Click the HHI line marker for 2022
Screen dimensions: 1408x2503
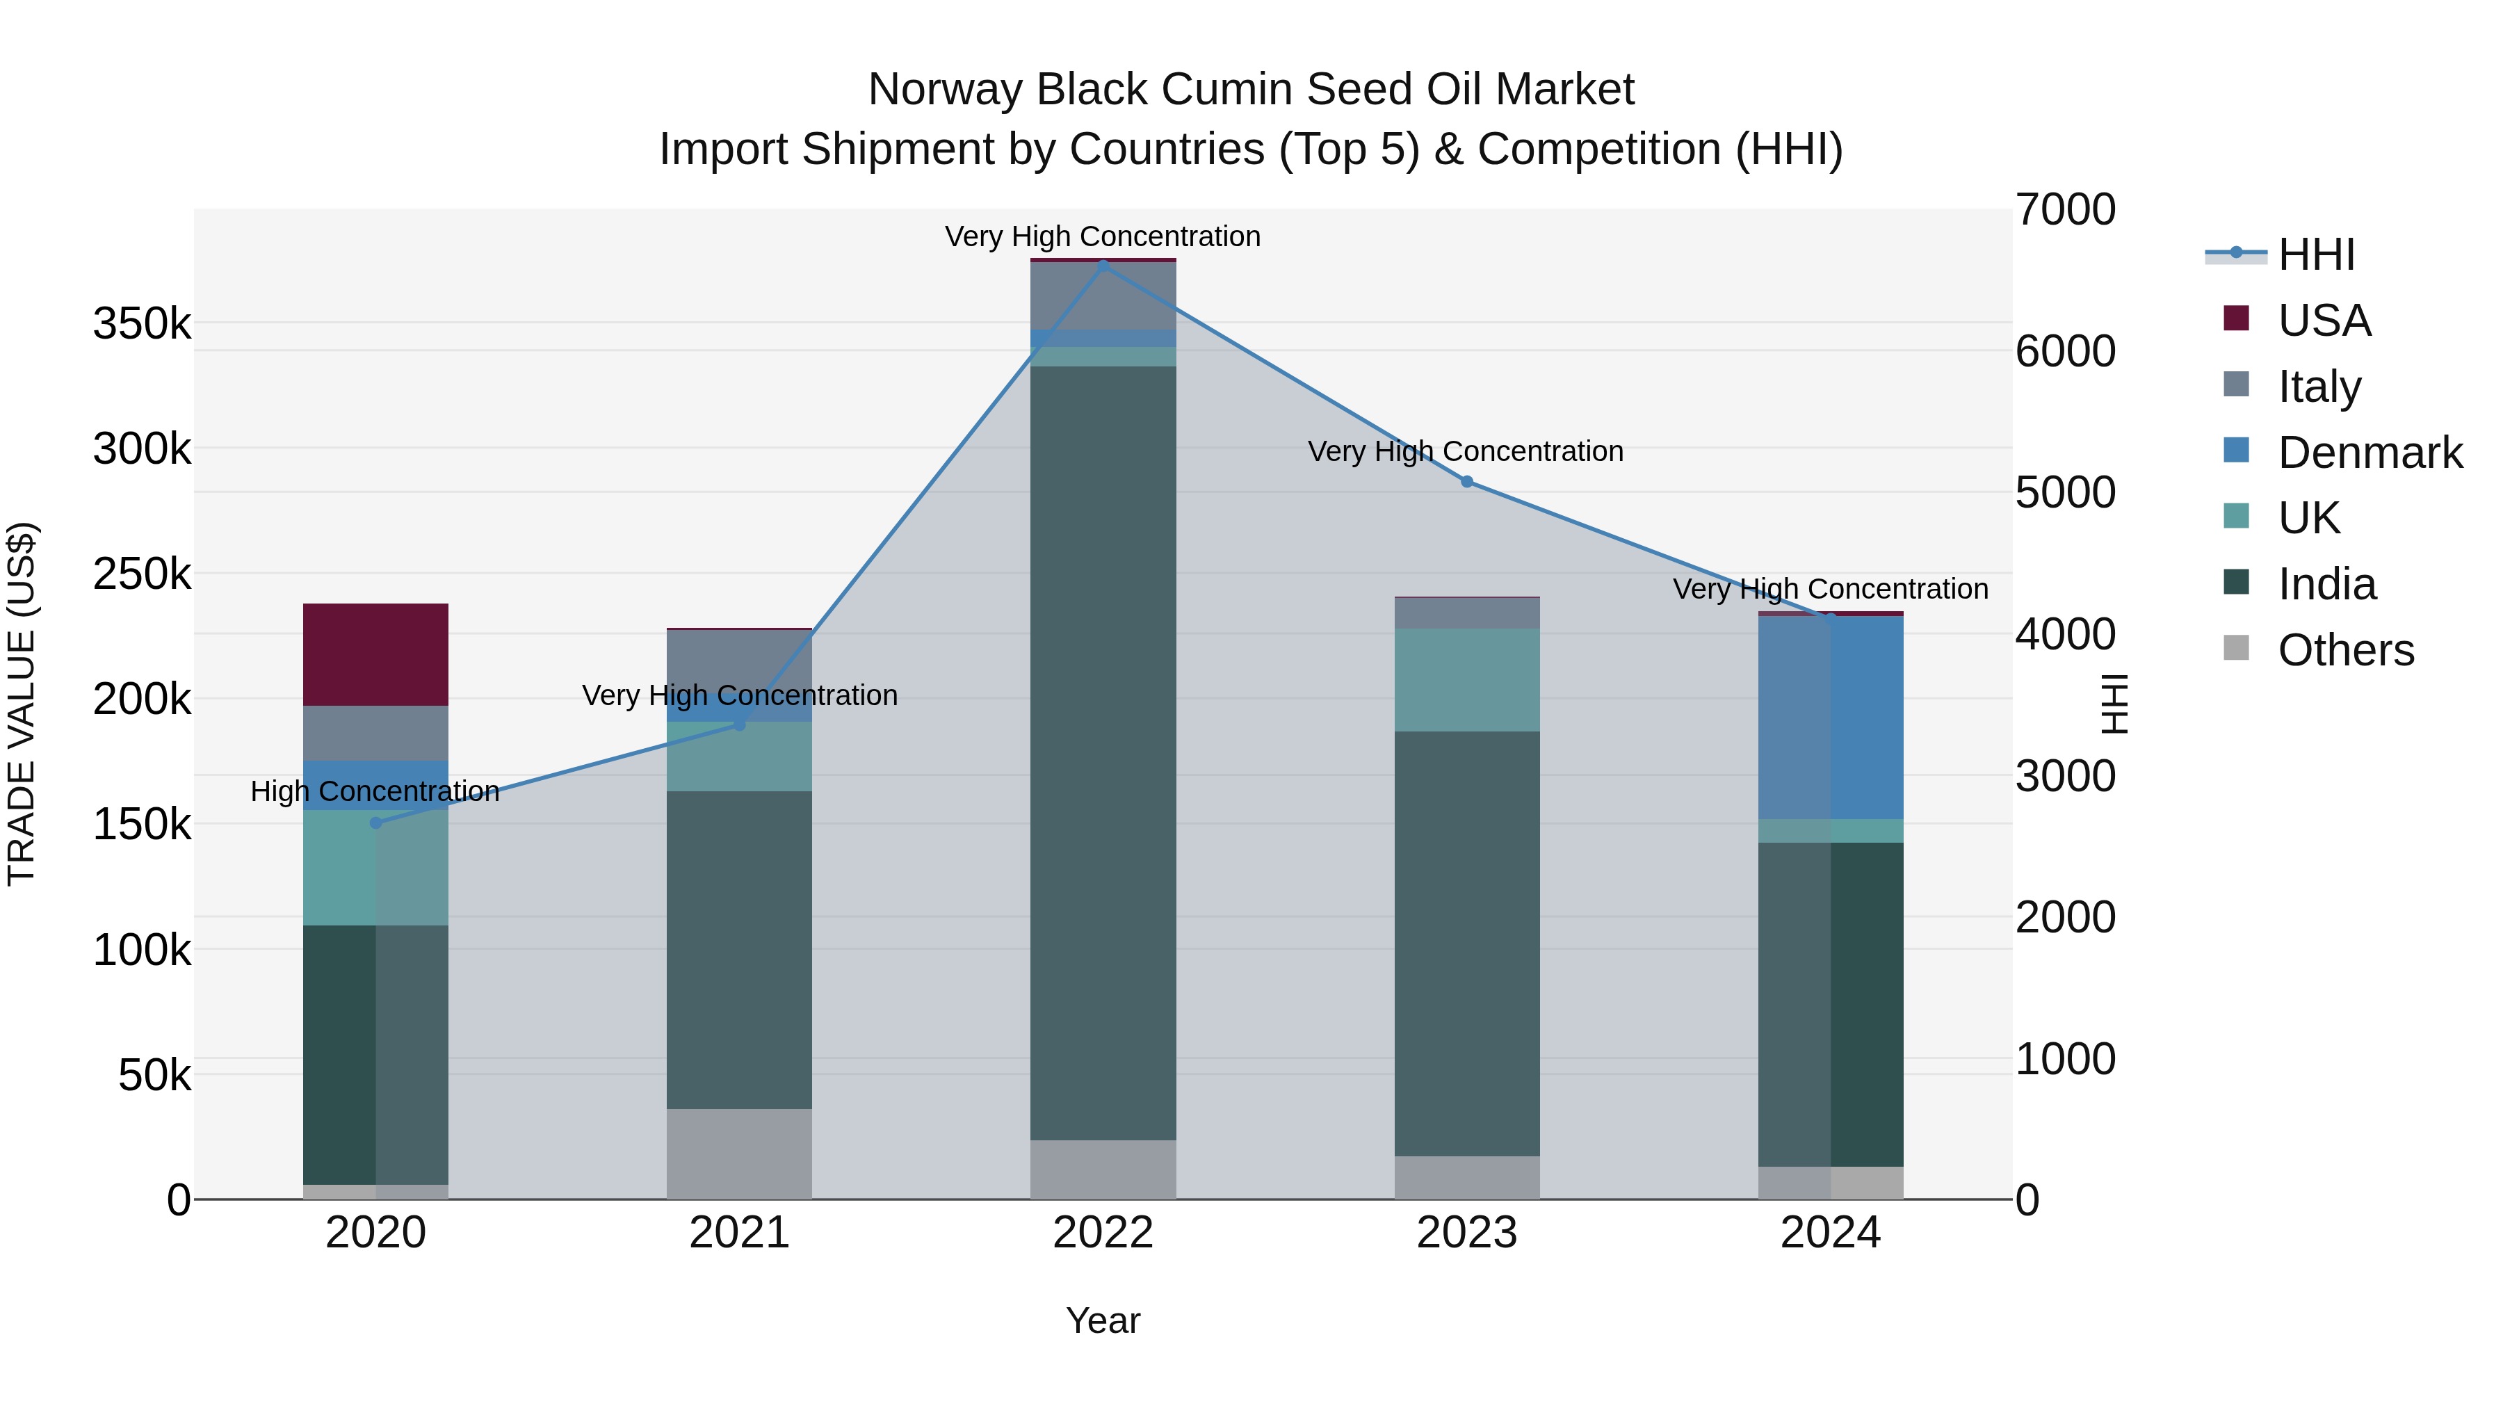tap(1103, 266)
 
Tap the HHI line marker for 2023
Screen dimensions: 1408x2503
tap(1467, 482)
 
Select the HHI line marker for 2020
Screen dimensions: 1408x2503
tap(376, 823)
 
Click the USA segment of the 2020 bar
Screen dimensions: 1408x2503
tap(376, 654)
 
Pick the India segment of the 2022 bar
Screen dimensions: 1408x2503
tap(1103, 753)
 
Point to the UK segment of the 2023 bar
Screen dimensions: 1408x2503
tap(1467, 679)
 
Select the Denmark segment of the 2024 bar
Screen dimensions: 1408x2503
tap(1831, 717)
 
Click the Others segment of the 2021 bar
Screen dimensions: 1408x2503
tap(740, 1154)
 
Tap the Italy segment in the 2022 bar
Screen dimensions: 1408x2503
tap(1103, 296)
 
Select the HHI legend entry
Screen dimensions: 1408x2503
tap(2315, 254)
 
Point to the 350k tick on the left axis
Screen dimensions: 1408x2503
tap(142, 323)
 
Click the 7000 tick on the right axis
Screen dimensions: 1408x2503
tap(2065, 210)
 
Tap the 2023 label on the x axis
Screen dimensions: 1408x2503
tap(1467, 1233)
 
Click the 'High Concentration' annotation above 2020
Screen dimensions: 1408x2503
tap(375, 791)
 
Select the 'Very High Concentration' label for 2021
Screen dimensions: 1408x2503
tap(740, 696)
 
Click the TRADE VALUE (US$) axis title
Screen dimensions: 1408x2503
tap(22, 704)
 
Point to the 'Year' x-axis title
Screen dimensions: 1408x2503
tap(1103, 1320)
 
